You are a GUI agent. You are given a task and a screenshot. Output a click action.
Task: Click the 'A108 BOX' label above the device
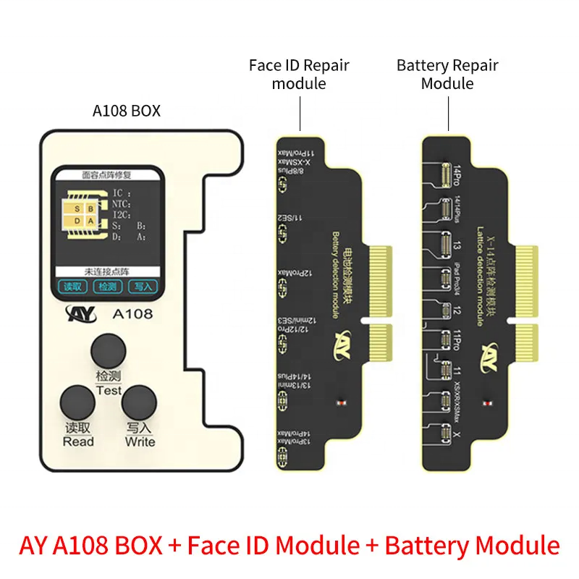[x=127, y=111]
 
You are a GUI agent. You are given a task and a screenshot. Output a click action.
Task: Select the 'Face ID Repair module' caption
[x=299, y=74]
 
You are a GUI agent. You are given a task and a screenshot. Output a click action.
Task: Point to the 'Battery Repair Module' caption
[x=447, y=74]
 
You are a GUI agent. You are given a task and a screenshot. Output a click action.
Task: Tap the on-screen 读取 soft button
[x=72, y=287]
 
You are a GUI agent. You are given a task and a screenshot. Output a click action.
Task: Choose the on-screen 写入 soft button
[x=142, y=287]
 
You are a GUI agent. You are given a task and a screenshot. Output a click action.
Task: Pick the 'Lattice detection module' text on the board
[x=478, y=276]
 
